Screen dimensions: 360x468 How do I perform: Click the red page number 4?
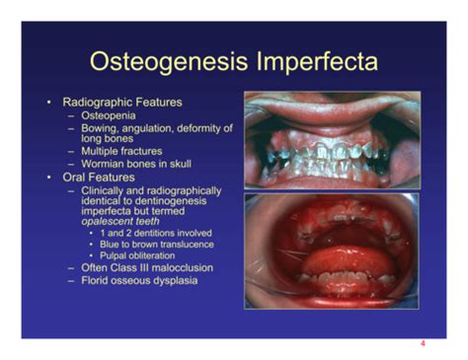point(423,344)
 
